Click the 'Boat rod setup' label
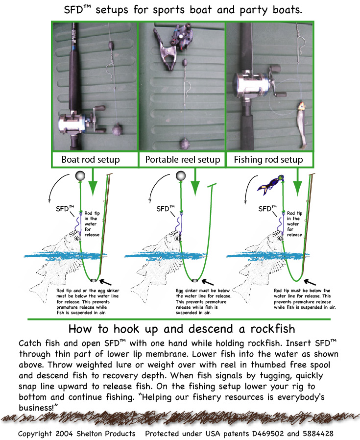pyautogui.click(x=90, y=160)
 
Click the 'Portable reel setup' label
pyautogui.click(x=182, y=160)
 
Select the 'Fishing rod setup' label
pyautogui.click(x=268, y=160)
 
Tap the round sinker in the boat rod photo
pyautogui.click(x=117, y=130)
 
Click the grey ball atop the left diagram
pyautogui.click(x=80, y=176)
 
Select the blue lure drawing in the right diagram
pyautogui.click(x=271, y=185)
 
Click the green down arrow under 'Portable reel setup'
pyautogui.click(x=195, y=182)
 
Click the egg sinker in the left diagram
pyautogui.click(x=94, y=280)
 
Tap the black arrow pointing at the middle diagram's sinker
pyautogui.click(x=208, y=282)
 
